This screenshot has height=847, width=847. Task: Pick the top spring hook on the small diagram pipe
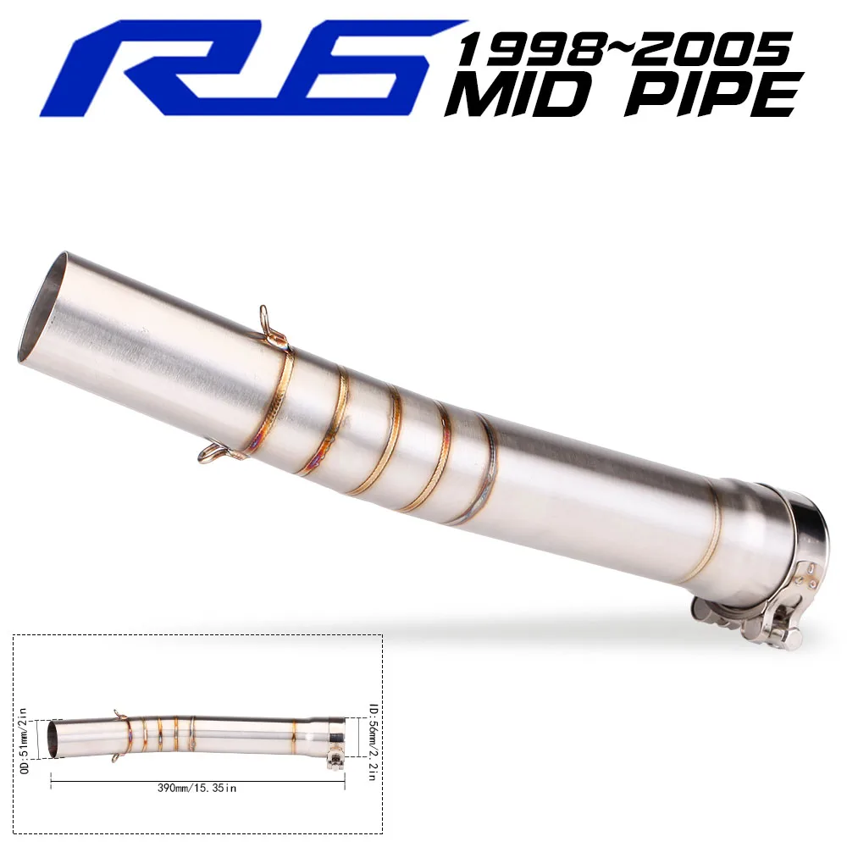point(117,713)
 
